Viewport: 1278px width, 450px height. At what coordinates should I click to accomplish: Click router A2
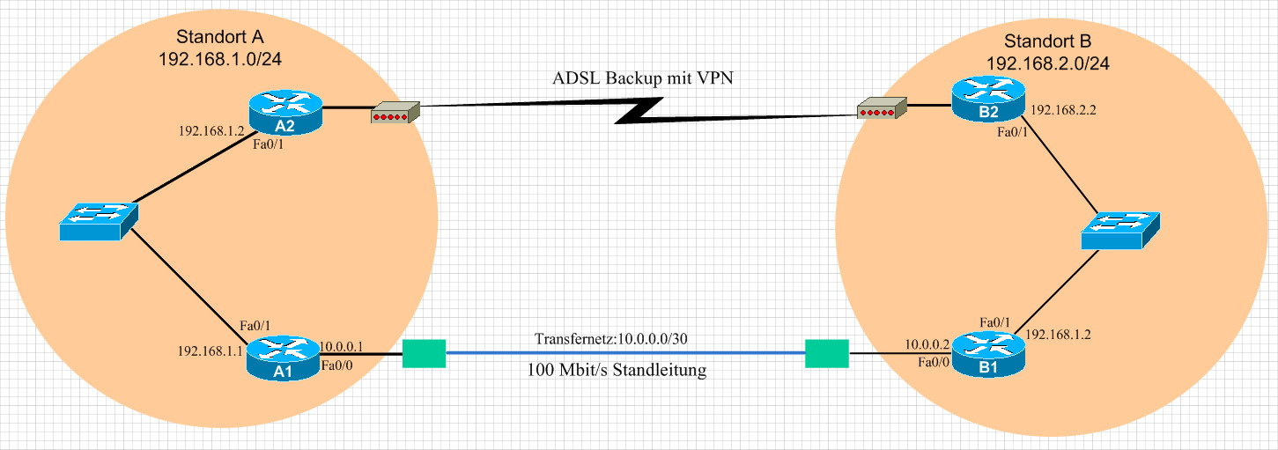[285, 113]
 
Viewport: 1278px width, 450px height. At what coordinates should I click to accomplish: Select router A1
[283, 358]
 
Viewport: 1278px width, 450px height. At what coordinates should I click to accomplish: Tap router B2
[988, 99]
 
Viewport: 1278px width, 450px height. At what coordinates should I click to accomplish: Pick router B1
[988, 354]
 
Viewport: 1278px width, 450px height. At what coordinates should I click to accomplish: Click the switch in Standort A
[99, 221]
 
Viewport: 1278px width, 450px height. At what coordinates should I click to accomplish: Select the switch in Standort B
[1120, 231]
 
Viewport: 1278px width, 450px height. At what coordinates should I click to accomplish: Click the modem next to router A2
[395, 113]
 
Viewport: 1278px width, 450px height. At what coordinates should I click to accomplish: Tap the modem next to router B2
[882, 107]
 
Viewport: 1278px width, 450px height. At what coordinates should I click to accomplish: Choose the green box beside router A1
[424, 354]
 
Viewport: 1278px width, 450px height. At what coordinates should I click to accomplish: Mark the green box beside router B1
[827, 354]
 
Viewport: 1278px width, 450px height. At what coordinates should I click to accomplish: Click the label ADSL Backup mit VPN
[642, 77]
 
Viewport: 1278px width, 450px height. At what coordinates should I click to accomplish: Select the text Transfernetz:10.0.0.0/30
[611, 339]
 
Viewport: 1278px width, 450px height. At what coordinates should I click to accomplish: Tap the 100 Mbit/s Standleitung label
[617, 370]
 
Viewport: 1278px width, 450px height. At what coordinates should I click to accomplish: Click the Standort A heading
[219, 36]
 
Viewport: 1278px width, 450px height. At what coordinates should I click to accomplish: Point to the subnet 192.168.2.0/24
[1048, 63]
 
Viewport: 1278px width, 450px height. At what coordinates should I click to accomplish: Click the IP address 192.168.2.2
[1063, 110]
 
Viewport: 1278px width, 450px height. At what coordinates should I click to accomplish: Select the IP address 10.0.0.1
[341, 346]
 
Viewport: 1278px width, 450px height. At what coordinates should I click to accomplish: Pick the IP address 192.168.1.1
[210, 350]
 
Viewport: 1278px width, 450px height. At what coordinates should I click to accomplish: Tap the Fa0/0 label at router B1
[934, 362]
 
